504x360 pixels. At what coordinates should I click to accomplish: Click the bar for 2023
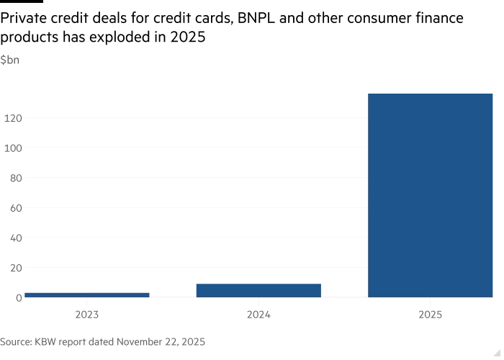(x=87, y=294)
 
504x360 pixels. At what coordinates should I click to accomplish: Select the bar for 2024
(x=258, y=289)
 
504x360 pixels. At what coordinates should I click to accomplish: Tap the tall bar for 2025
(x=430, y=194)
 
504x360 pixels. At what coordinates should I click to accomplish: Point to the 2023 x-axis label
(x=87, y=315)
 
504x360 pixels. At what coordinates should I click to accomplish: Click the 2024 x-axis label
(x=258, y=315)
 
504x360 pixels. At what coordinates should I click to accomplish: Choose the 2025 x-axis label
(x=430, y=315)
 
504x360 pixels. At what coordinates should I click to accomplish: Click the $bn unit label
(x=10, y=60)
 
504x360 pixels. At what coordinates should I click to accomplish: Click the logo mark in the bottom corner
(x=496, y=352)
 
